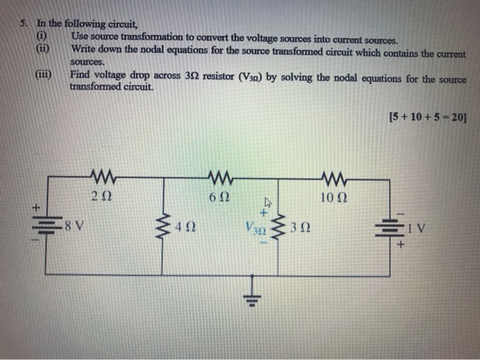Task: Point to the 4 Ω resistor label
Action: (x=186, y=224)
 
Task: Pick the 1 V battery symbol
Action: (x=398, y=224)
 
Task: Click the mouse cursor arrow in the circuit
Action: (x=269, y=203)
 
